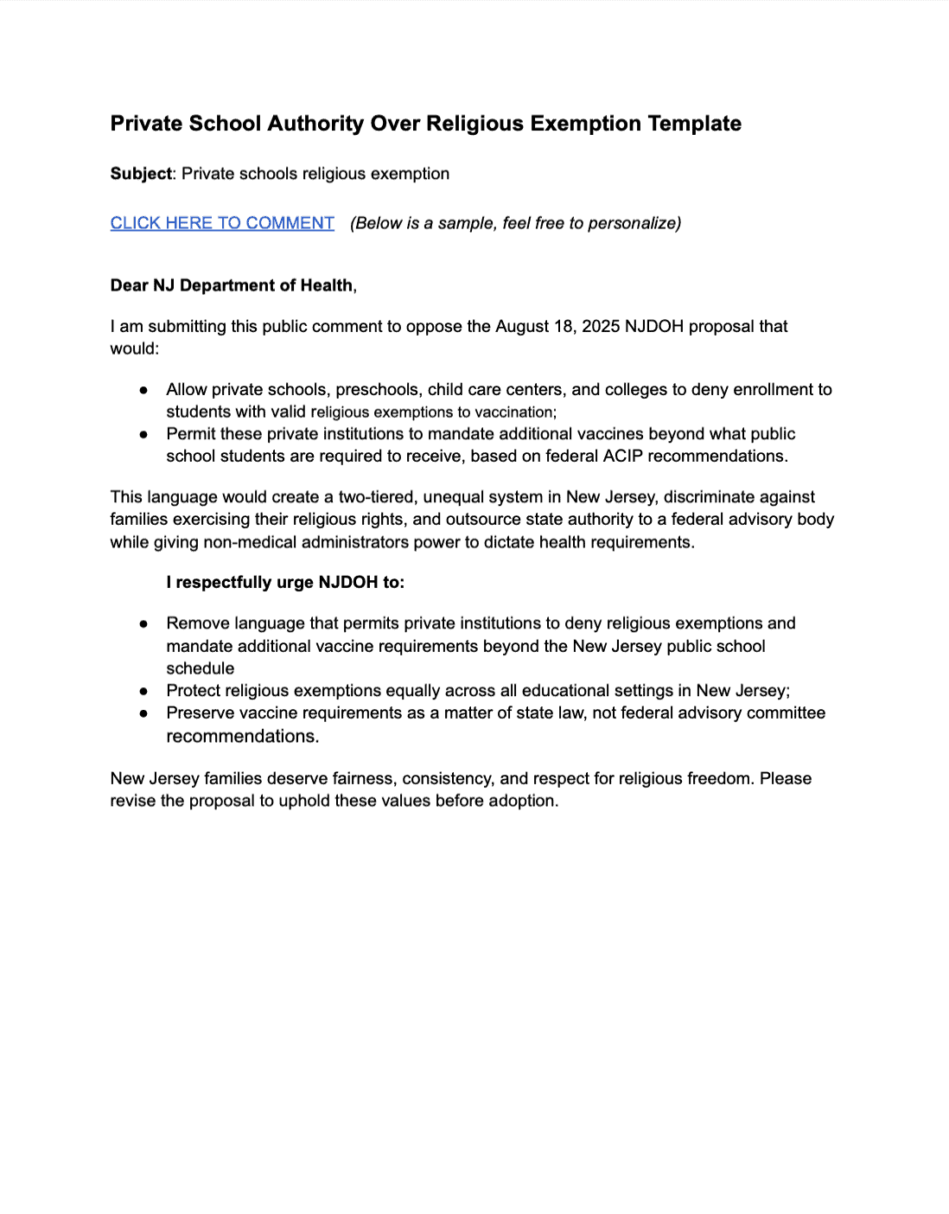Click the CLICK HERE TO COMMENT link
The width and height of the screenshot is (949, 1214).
point(222,223)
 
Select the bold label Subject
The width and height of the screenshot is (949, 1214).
point(141,174)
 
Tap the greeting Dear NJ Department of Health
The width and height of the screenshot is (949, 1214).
point(232,285)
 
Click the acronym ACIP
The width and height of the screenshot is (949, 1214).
point(622,456)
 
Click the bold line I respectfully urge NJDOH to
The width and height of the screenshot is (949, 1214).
point(285,582)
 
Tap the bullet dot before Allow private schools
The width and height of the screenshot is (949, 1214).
point(143,390)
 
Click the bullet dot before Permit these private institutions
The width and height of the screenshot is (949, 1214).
point(143,434)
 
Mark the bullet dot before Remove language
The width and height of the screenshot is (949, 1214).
point(143,623)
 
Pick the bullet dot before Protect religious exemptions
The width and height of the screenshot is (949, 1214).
point(143,691)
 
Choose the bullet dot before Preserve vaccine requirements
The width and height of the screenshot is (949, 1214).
point(143,713)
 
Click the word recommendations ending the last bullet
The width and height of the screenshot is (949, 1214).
point(242,737)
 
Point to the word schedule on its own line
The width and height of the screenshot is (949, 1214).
point(201,668)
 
